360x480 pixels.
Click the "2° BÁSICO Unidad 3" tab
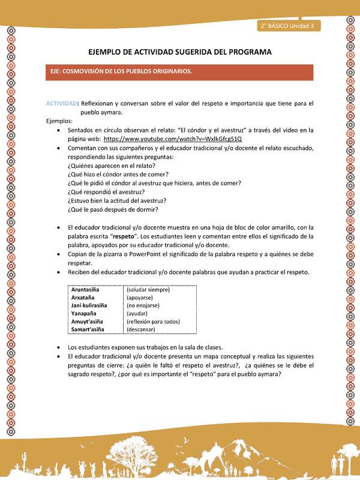pyautogui.click(x=290, y=26)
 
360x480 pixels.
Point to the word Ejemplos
pyautogui.click(x=61, y=121)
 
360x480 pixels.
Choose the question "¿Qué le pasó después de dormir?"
pyautogui.click(x=112, y=209)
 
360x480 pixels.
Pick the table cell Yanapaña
pyautogui.click(x=85, y=314)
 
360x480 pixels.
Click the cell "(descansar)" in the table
pyautogui.click(x=142, y=329)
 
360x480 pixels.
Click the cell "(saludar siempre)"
pyautogui.click(x=148, y=290)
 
